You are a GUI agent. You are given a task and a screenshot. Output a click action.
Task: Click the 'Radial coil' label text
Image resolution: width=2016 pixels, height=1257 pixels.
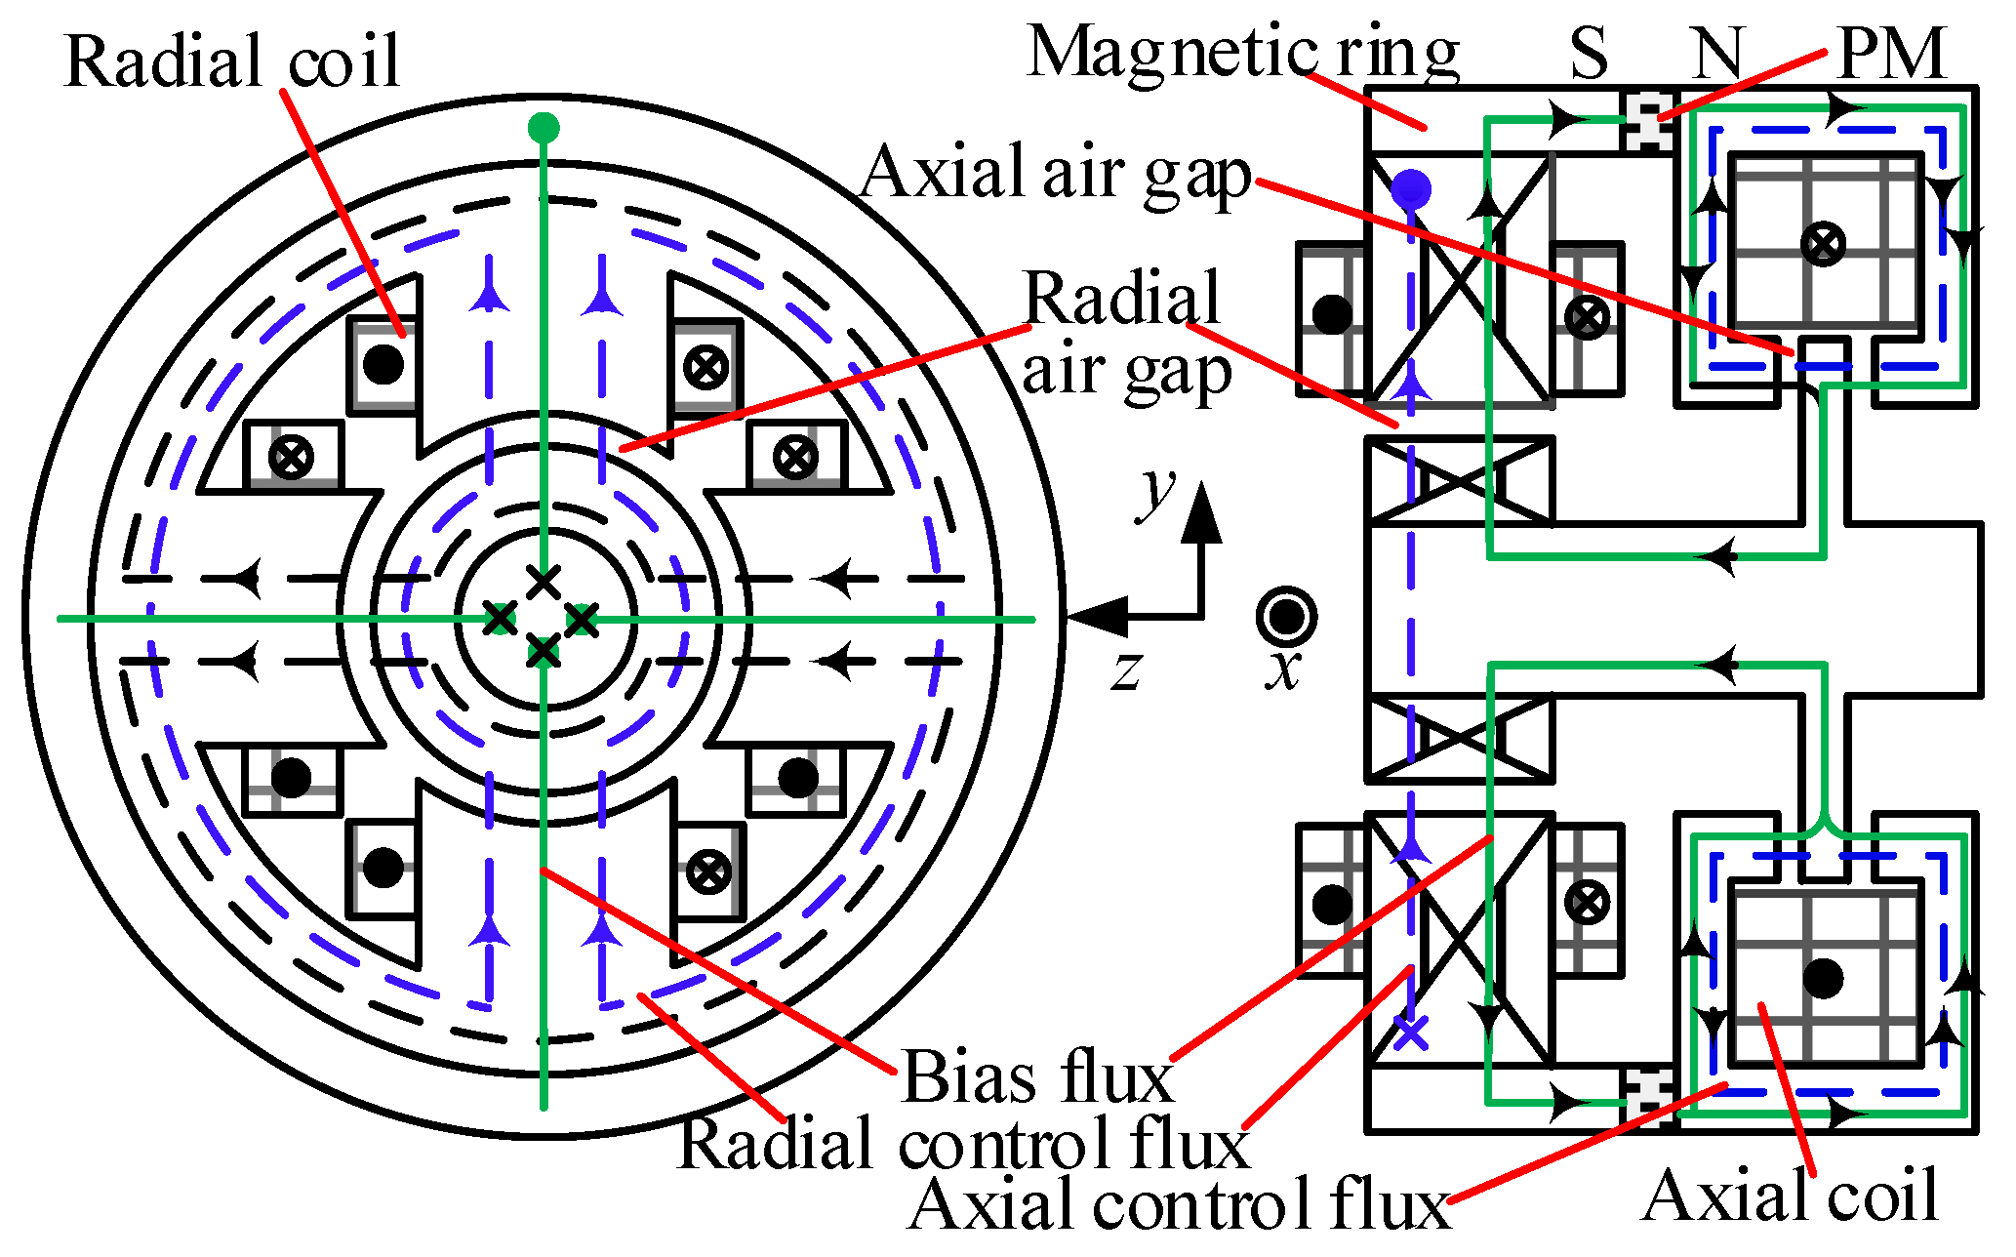tap(232, 61)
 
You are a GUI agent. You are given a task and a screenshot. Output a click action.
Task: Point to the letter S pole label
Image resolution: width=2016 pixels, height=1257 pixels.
tap(1589, 53)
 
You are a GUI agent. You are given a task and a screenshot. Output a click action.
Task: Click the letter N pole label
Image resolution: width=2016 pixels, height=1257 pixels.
tap(1716, 53)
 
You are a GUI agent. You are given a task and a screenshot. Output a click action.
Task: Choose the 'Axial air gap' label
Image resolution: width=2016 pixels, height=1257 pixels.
tap(1056, 173)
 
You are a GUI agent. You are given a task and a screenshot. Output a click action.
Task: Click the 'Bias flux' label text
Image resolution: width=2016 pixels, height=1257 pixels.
tap(1036, 1078)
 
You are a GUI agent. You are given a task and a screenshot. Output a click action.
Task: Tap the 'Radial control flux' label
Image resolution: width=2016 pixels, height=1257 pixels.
tap(962, 1143)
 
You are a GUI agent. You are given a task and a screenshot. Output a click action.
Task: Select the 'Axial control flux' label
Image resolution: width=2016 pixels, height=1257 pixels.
tap(1179, 1204)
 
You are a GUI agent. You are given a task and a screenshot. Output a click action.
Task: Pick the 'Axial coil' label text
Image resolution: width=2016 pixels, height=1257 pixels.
tap(1791, 1195)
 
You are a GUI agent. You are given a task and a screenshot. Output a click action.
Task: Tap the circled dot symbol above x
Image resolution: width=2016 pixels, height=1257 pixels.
tap(1286, 617)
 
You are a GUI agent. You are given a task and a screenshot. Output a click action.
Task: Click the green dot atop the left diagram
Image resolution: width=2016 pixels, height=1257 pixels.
tap(544, 128)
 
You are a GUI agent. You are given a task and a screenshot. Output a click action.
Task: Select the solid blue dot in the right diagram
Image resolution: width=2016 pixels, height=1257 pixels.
tap(1411, 188)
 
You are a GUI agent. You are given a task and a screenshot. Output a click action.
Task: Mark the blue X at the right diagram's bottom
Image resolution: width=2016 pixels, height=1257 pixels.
tap(1411, 1032)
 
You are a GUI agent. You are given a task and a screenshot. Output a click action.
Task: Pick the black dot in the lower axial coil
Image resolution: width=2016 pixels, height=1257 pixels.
tap(1823, 977)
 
